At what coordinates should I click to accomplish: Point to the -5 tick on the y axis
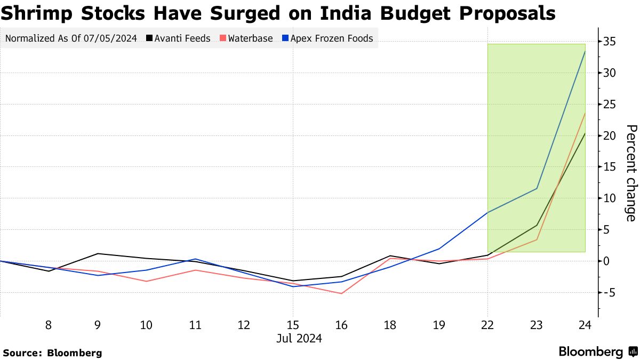610,292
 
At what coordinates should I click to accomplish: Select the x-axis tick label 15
292,325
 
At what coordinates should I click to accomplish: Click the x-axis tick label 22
487,325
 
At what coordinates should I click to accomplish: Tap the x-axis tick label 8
49,325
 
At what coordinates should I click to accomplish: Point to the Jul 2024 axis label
299,338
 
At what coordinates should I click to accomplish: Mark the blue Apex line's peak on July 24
585,51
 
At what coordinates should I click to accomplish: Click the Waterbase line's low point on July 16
341,293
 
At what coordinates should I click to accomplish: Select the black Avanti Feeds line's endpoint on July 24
585,133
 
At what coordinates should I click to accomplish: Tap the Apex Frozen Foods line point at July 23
537,188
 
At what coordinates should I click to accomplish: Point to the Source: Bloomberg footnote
52,353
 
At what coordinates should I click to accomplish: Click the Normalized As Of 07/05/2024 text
71,38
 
